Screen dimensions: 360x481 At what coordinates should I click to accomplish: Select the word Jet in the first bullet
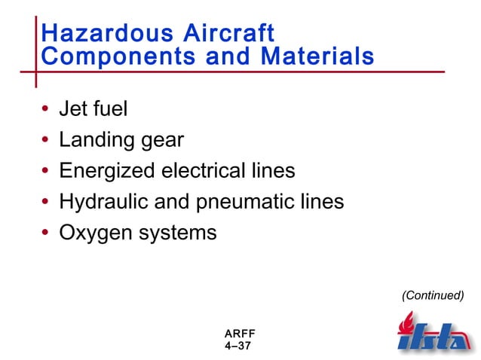pyautogui.click(x=74, y=109)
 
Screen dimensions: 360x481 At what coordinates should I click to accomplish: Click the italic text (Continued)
pyautogui.click(x=432, y=295)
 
